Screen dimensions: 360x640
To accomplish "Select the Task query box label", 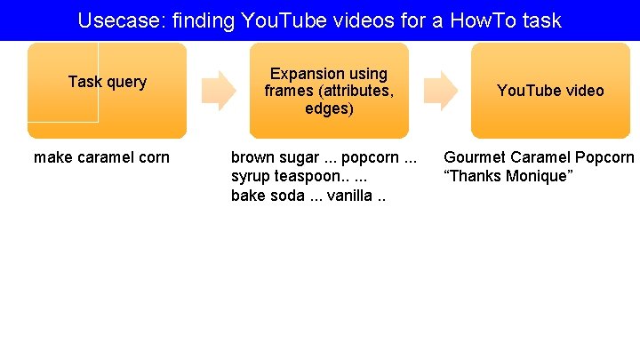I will (x=107, y=82).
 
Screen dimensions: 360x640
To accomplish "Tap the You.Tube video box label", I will (x=550, y=91).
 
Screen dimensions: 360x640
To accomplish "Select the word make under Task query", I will (x=52, y=158).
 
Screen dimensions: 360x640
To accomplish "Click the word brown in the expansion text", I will (x=252, y=158).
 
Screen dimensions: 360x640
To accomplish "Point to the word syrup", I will (x=251, y=176).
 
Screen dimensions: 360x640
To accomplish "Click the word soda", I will (x=284, y=195).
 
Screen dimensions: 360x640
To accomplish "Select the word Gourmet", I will (x=476, y=158).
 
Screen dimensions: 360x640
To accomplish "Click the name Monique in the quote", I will (x=537, y=176).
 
